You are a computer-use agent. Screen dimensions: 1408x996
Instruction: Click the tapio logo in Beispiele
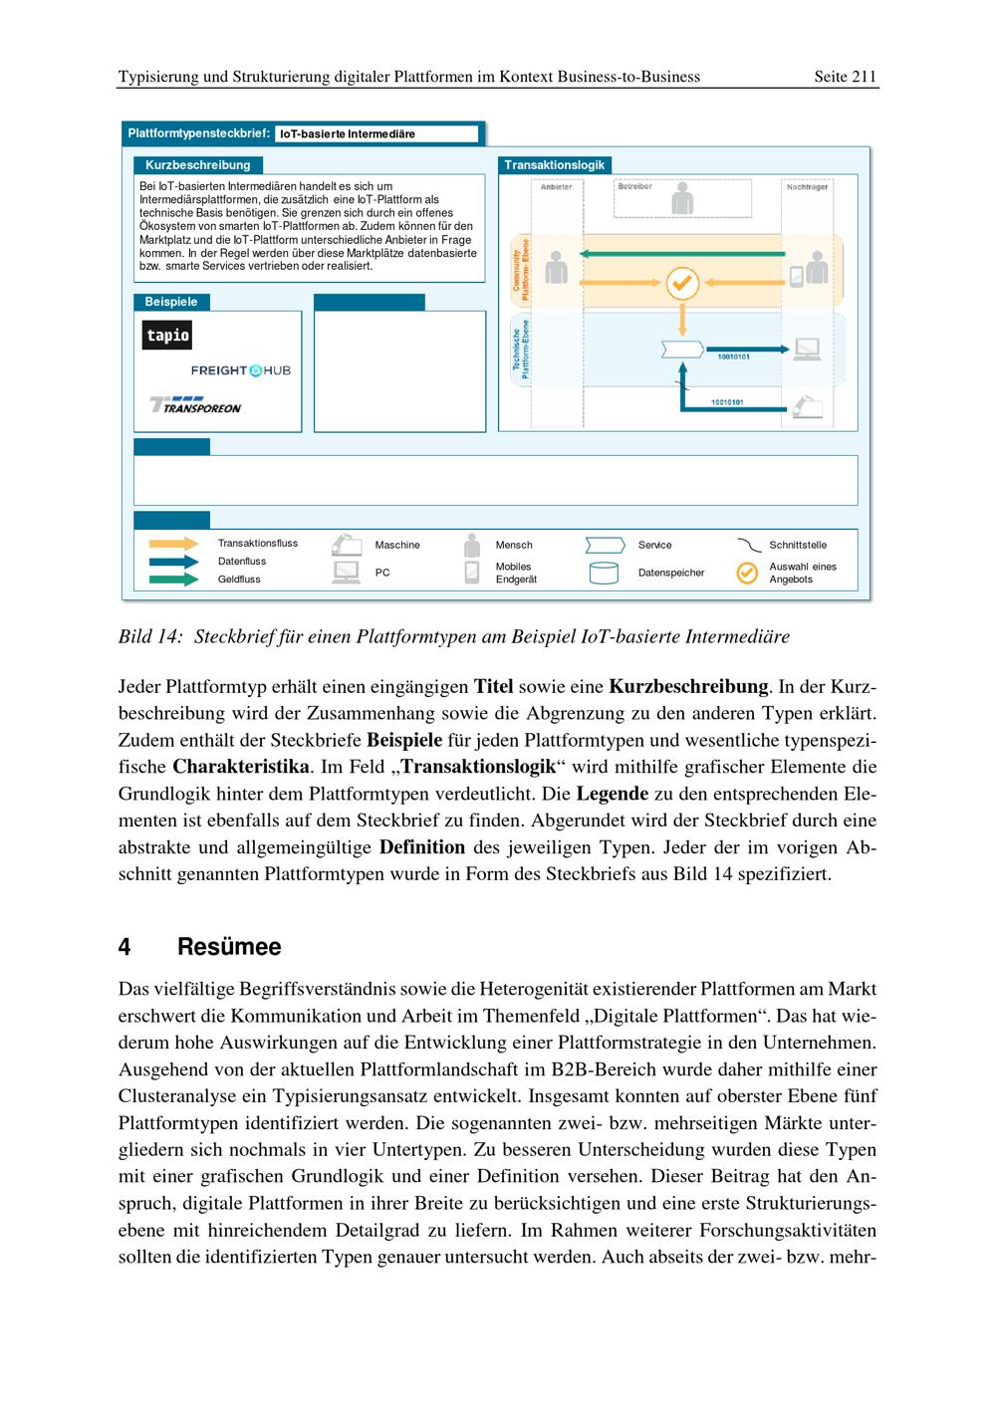[x=167, y=335]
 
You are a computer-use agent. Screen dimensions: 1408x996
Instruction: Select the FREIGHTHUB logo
[x=241, y=370]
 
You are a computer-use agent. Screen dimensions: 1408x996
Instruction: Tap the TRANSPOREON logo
[x=195, y=405]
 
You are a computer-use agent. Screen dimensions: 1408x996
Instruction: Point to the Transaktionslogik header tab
[x=554, y=165]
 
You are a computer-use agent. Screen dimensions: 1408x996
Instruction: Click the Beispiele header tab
[x=171, y=302]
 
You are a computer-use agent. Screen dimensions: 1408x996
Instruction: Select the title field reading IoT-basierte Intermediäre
[x=376, y=134]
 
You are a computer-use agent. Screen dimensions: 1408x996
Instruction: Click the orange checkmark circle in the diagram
[x=682, y=284]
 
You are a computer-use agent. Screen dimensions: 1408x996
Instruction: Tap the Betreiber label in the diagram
[x=634, y=186]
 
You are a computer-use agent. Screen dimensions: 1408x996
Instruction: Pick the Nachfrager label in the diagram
[x=807, y=187]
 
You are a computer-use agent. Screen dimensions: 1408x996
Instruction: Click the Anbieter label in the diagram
[x=556, y=187]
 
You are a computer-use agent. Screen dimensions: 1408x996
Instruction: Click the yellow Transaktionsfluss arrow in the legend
[x=173, y=544]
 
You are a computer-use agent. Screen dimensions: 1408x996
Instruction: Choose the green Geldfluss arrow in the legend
[x=173, y=579]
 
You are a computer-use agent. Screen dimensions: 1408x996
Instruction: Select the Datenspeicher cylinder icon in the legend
[x=604, y=574]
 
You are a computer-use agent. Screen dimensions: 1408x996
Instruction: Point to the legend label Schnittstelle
[x=798, y=545]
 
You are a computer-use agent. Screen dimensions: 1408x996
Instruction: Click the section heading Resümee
[x=229, y=947]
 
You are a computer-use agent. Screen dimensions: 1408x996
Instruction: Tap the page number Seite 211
[x=845, y=77]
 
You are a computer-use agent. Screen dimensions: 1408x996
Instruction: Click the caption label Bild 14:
[x=150, y=636]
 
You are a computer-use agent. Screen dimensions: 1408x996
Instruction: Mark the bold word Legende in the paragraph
[x=613, y=794]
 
